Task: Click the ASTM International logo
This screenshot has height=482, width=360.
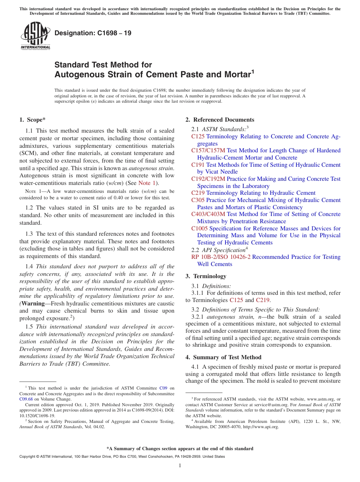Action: tap(35, 36)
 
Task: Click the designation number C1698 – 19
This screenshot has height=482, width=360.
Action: tap(93, 33)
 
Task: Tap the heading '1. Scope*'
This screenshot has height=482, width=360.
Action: tap(32, 120)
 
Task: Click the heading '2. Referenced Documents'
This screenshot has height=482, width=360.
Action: tap(220, 120)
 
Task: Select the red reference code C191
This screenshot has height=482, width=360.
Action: tap(198, 165)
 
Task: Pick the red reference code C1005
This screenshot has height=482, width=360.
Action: tap(199, 228)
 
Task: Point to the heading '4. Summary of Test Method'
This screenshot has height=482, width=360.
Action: tap(224, 357)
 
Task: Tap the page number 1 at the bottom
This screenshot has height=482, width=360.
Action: tap(180, 466)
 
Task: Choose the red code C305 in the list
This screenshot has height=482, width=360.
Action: tap(198, 200)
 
